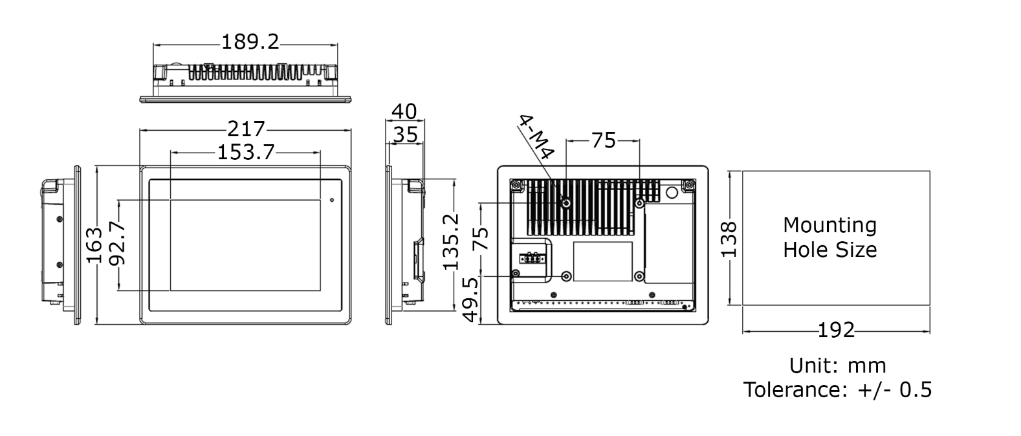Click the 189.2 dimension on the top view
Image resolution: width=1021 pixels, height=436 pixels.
pos(250,42)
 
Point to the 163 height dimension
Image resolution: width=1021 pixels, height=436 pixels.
pos(94,245)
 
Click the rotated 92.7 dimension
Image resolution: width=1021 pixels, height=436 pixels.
pos(118,244)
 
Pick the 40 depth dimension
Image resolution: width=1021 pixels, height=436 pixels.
pos(404,111)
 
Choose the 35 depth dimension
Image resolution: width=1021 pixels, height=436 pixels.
pos(406,135)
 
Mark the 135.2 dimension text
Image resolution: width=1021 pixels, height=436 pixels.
pos(451,241)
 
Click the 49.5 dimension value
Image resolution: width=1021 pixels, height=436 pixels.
pos(471,299)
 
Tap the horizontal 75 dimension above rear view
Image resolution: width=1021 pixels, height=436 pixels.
pos(603,140)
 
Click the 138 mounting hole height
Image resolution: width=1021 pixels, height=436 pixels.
pos(729,239)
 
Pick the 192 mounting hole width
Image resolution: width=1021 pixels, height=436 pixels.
pos(836,331)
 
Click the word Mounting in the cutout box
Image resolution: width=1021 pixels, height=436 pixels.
pos(829,225)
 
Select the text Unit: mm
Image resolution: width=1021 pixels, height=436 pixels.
pos(837,365)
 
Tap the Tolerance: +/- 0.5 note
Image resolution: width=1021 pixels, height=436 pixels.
pos(837,389)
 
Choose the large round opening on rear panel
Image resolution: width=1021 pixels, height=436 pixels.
pos(671,192)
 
